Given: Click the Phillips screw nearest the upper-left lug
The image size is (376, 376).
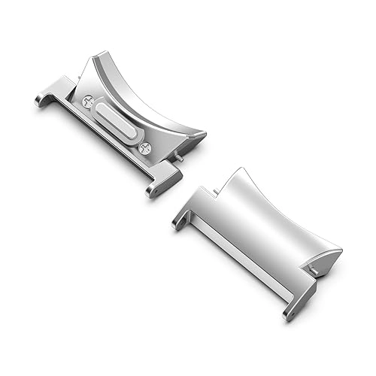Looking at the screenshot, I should (x=89, y=100).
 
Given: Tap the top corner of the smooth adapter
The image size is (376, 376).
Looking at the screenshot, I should (x=241, y=171).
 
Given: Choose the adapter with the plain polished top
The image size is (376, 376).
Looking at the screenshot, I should (x=259, y=233).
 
